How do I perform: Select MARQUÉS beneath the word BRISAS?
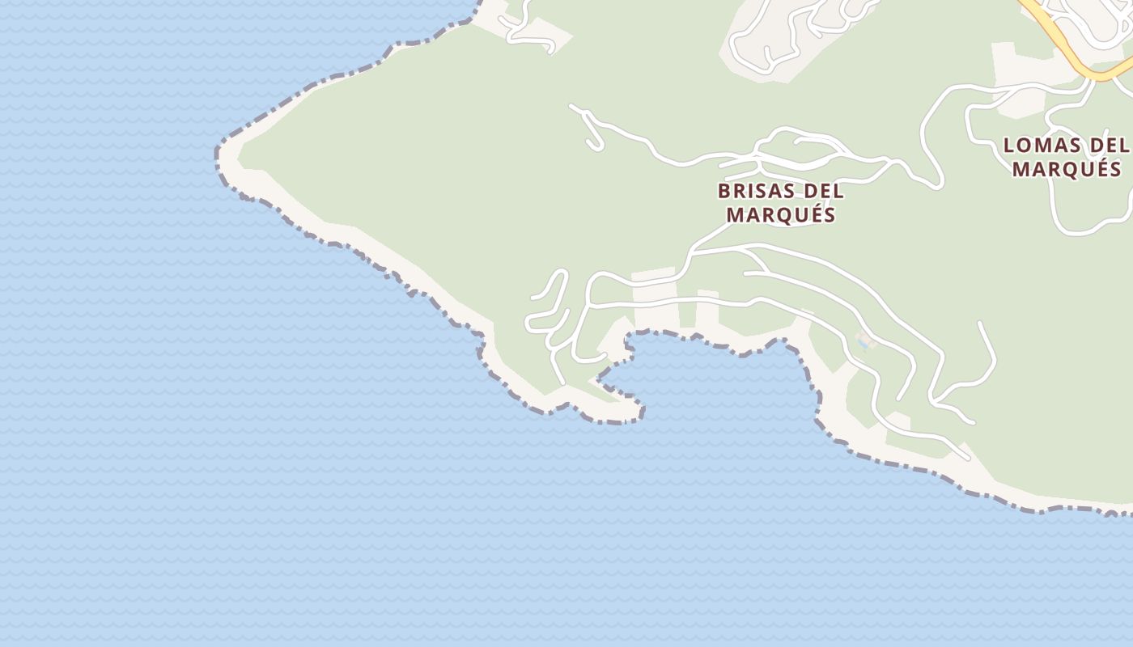tap(780, 215)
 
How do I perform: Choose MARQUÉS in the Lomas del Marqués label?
tap(1067, 169)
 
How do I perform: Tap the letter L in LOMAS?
tap(1009, 146)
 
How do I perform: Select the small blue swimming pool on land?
tap(864, 344)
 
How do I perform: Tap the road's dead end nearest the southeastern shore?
tap(967, 458)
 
